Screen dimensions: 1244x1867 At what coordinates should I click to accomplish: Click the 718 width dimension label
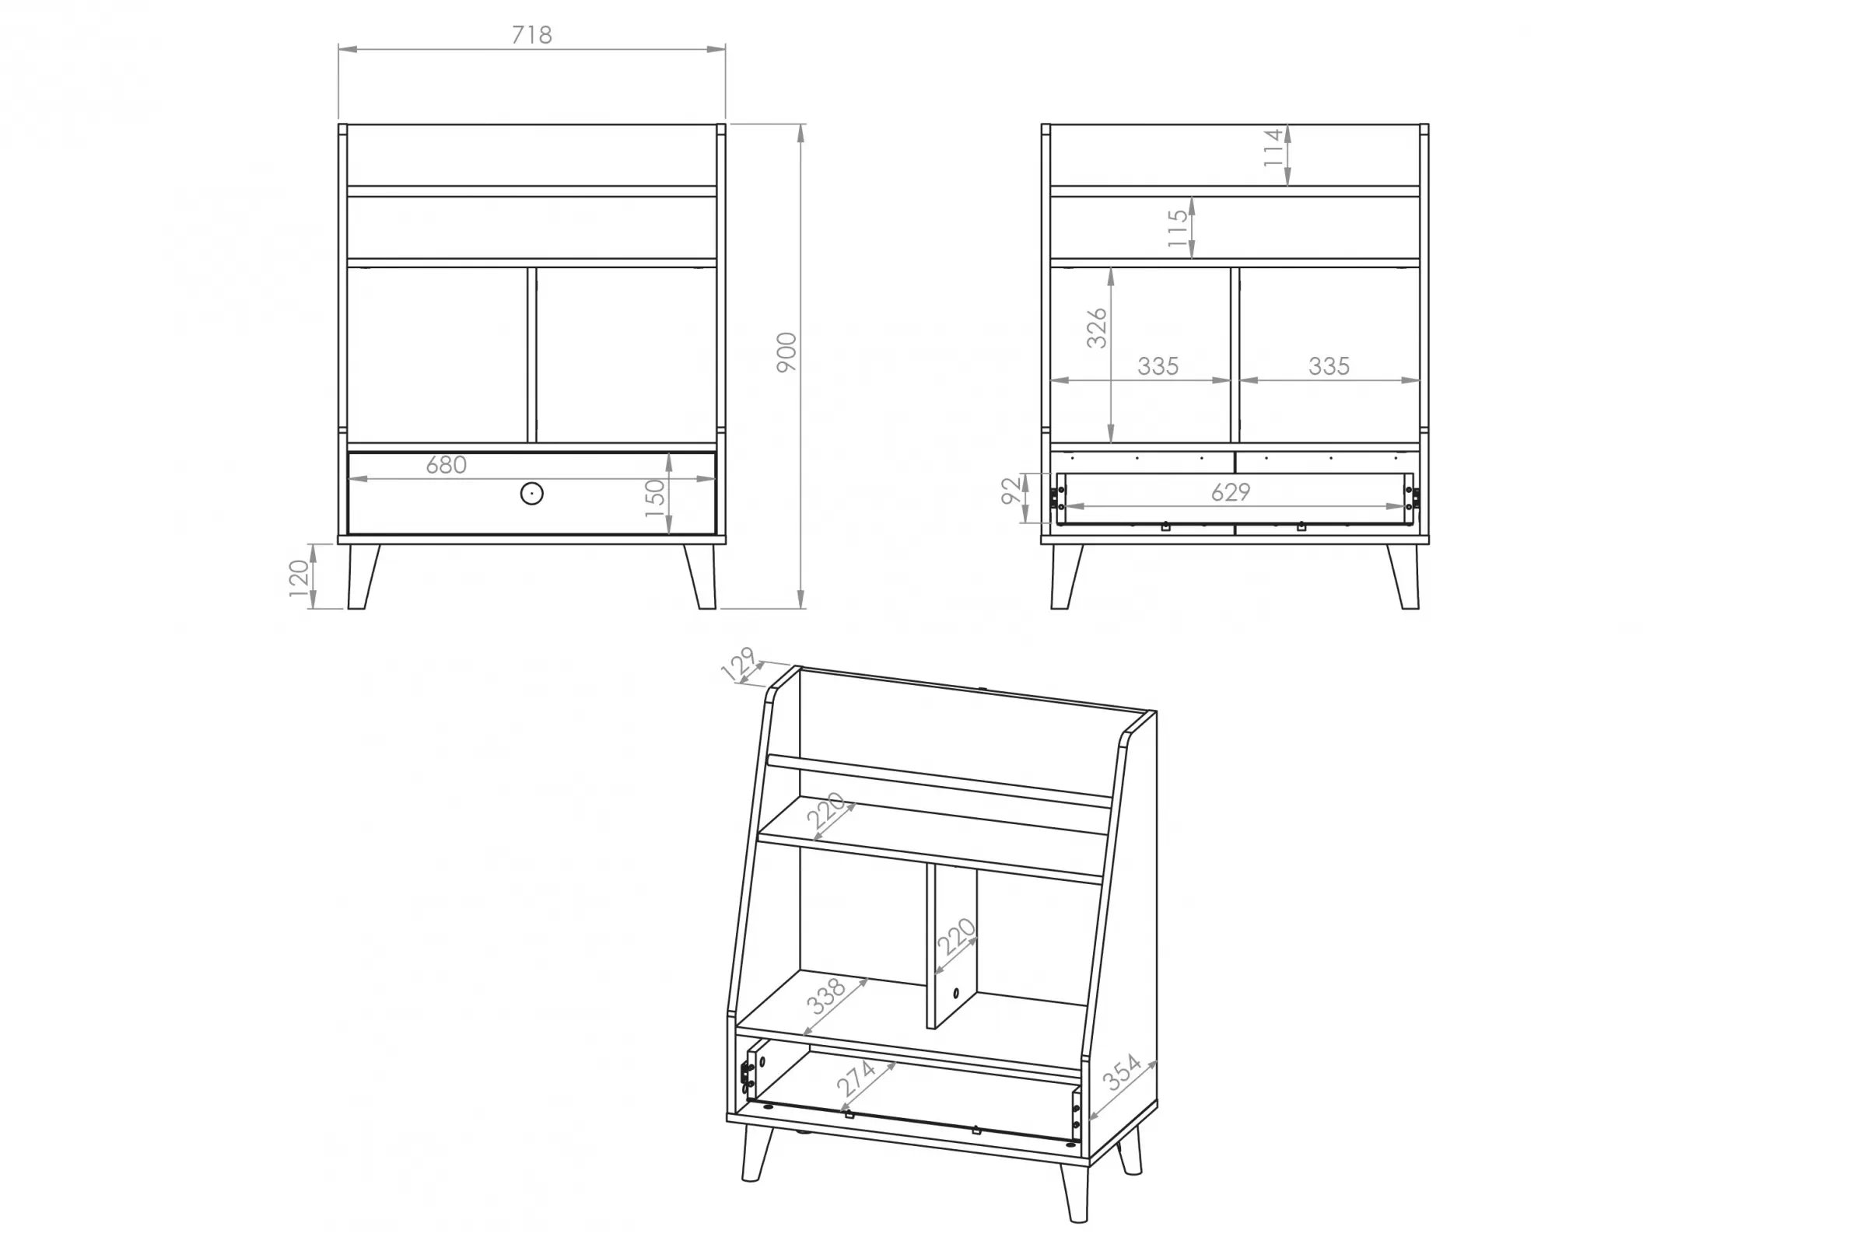coord(531,35)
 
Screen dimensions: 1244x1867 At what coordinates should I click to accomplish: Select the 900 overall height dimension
coord(786,353)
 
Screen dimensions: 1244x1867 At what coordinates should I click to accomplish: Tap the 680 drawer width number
coord(446,465)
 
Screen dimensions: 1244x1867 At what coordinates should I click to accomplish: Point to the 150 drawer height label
coord(655,498)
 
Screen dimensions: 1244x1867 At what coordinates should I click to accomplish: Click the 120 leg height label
coord(299,578)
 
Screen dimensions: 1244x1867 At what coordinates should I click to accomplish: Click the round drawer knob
coord(532,494)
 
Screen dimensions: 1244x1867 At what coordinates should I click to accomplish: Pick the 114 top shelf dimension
coord(1273,148)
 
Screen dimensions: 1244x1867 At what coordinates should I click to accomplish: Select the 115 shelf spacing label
coord(1178,229)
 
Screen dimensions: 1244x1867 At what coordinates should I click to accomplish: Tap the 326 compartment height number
coord(1096,327)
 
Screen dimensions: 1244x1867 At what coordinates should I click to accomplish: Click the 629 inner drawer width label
coord(1231,493)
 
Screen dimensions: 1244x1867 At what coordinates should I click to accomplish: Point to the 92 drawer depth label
coord(1011,491)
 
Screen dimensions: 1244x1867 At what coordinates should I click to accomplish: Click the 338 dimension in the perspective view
coord(826,998)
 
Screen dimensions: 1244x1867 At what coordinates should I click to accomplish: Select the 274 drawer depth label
coord(856,1078)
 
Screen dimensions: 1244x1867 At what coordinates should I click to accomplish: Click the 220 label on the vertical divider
coord(956,936)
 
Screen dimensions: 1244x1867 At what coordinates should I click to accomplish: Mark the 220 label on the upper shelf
coord(827,810)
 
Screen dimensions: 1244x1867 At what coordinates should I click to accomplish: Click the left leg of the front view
coord(362,577)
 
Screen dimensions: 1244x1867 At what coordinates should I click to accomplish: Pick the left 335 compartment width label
coord(1158,366)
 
